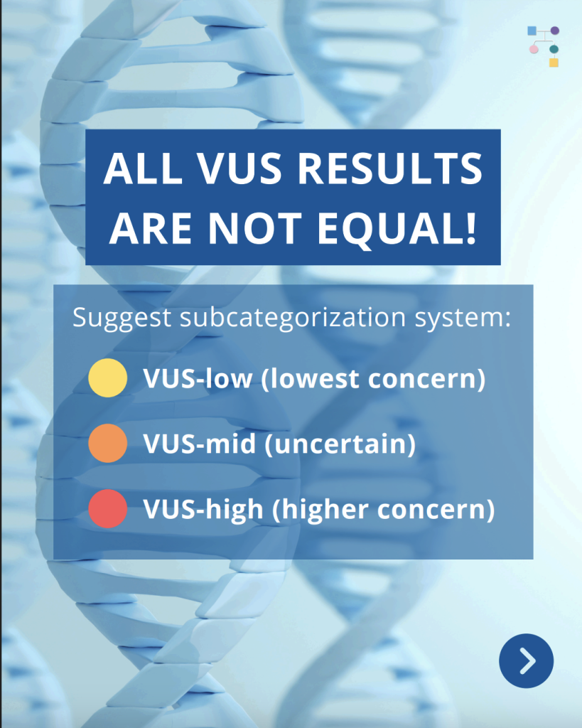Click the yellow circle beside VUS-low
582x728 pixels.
coord(108,378)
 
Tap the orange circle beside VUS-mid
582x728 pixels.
coord(108,444)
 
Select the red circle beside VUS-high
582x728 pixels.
coord(108,509)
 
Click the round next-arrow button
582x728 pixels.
coord(527,660)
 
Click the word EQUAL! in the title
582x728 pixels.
coord(397,228)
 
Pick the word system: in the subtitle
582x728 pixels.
coord(463,318)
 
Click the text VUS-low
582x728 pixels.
coord(198,378)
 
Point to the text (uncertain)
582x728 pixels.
coord(340,444)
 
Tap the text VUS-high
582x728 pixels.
coord(203,509)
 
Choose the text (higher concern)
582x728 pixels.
coord(383,509)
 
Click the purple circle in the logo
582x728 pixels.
coord(554,31)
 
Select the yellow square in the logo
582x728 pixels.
coord(554,63)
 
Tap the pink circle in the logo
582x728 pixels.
coord(534,49)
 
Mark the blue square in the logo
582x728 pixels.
coord(532,31)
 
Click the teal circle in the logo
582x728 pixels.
coord(554,49)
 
